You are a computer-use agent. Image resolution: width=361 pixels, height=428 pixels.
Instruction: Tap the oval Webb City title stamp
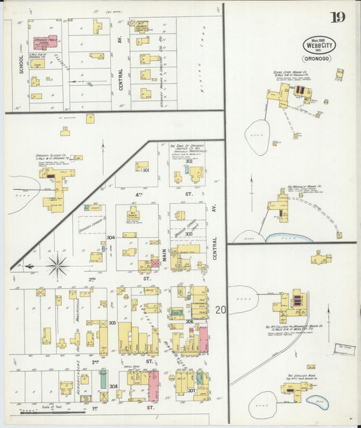pos(318,45)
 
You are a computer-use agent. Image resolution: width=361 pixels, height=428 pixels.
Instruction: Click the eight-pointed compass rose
pos(58,266)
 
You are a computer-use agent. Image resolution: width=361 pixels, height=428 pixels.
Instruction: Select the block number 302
pos(188,161)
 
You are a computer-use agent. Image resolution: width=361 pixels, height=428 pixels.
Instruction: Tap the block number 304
pos(110,238)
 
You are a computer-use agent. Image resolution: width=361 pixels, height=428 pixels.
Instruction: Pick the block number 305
pos(112,323)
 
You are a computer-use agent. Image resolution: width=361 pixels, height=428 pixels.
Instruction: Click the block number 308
pos(113,387)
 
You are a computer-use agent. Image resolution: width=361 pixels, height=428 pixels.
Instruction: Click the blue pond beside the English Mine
pos(316,401)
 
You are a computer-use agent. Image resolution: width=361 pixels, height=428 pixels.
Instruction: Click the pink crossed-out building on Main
pos(154,263)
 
